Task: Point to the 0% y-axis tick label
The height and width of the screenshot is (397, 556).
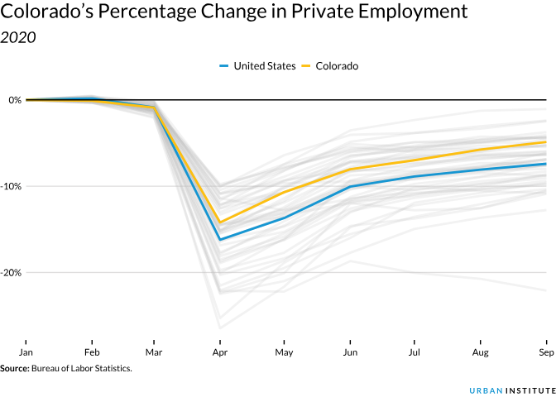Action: (15, 100)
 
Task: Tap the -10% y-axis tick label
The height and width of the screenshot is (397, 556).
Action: (12, 186)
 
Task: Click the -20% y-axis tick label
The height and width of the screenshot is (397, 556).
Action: (12, 272)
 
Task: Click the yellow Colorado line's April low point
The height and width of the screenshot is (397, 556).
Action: (220, 222)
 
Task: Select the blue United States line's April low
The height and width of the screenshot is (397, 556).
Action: (220, 240)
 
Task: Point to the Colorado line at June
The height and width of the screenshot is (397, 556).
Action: (350, 170)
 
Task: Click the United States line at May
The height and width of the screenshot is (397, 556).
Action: (285, 218)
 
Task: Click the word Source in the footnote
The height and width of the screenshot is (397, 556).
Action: (14, 368)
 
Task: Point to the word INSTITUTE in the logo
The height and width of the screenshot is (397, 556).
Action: (526, 389)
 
